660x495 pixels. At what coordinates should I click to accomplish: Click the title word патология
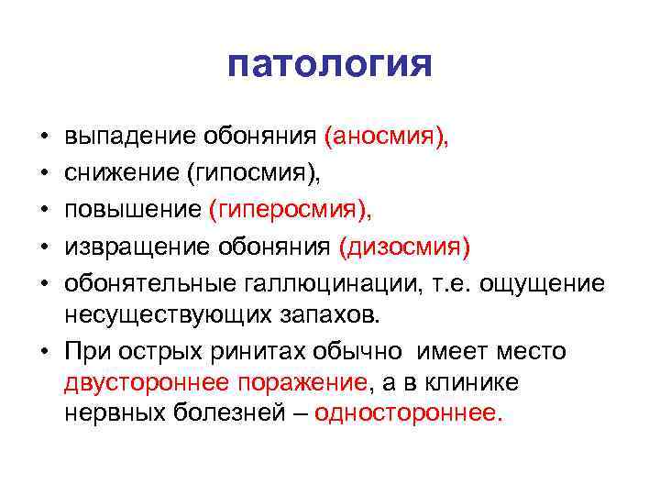[329, 65]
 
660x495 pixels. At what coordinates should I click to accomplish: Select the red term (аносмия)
[386, 137]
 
